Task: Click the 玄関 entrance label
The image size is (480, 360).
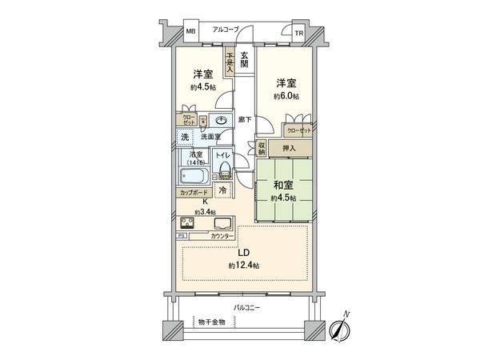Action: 243,59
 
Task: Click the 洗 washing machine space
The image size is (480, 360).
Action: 184,137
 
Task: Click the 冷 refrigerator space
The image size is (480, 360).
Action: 222,190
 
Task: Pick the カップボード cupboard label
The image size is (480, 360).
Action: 195,193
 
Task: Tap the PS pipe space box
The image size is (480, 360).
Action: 182,236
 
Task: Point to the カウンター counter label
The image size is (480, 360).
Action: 222,236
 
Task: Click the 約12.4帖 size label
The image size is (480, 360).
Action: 243,265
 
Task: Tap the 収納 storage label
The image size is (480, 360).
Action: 262,148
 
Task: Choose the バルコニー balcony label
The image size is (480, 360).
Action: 248,307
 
